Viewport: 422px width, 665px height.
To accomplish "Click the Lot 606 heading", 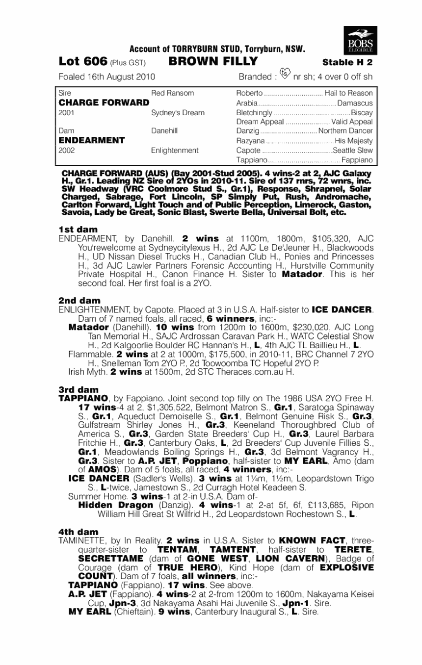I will click(82, 62).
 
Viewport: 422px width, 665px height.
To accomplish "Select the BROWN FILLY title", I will click(212, 62).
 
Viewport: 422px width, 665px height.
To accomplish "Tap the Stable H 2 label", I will click(347, 63).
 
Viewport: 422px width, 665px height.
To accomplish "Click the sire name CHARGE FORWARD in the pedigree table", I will click(104, 102).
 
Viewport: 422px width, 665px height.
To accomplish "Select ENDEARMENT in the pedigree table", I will click(91, 140).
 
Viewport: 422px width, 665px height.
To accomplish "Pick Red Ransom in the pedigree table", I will click(172, 93).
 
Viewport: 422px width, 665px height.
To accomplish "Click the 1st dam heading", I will click(78, 230).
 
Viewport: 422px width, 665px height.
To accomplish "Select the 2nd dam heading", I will click(79, 300).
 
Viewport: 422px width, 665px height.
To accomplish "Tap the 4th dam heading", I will click(79, 532).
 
